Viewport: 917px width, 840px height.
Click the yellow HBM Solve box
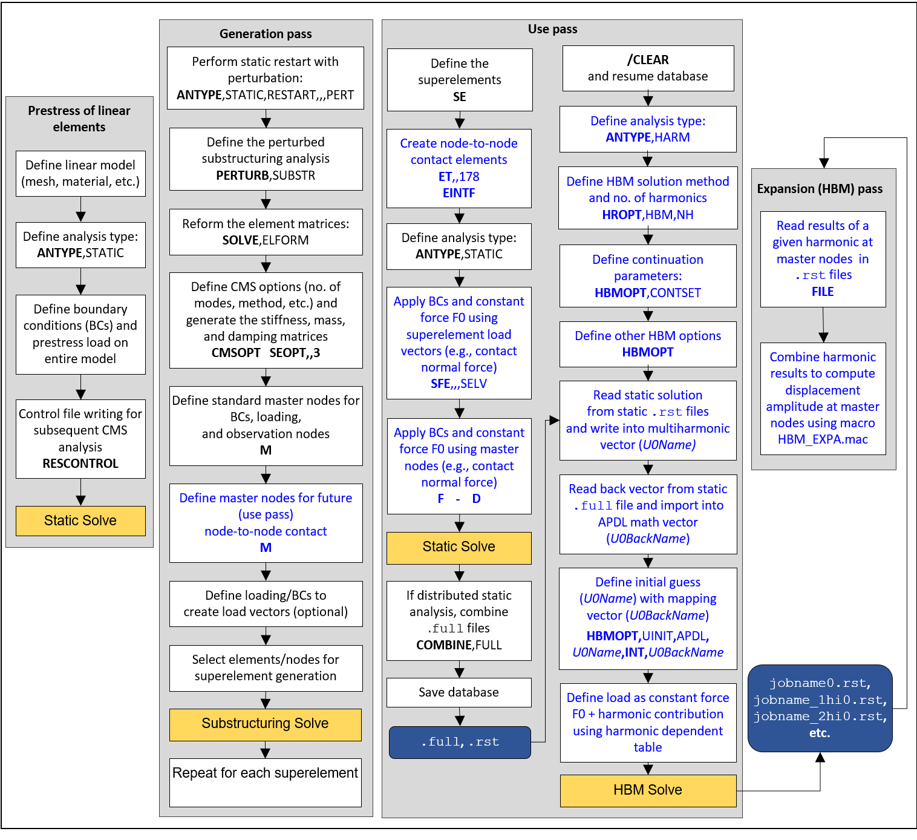(648, 790)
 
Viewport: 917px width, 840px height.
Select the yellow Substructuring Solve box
(265, 724)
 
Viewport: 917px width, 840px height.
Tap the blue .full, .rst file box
(460, 743)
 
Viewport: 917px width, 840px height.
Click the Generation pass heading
(266, 34)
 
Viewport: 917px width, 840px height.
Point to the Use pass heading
(552, 29)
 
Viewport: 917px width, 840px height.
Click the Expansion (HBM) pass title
(820, 189)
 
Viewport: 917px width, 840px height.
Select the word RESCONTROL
(80, 464)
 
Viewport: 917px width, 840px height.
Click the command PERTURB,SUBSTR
(266, 176)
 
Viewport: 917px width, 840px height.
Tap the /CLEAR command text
(648, 60)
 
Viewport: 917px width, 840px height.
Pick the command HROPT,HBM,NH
(648, 215)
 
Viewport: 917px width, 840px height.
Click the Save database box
(459, 692)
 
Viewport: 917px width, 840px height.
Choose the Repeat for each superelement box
(265, 773)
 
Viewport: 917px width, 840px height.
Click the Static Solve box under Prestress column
(80, 521)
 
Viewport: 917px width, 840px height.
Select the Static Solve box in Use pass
(459, 547)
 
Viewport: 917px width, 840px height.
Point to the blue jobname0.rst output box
(820, 708)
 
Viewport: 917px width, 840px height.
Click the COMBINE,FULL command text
(459, 645)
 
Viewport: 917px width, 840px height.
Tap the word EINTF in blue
(459, 193)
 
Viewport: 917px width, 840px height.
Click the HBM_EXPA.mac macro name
(823, 439)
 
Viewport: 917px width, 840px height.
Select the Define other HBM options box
(648, 344)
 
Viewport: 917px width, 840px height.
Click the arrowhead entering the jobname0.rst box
(820, 758)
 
